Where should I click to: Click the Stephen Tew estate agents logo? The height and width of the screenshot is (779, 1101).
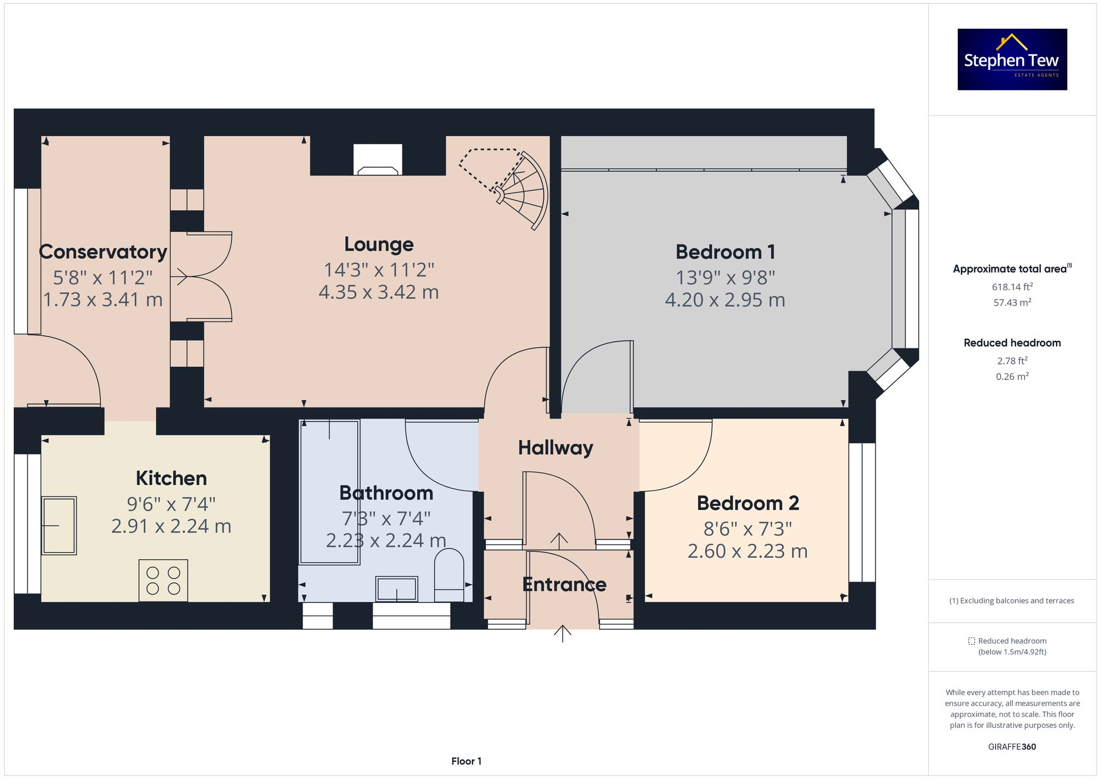point(1012,59)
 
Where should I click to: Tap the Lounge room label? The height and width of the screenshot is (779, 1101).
point(379,244)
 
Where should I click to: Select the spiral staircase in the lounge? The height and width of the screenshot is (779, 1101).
point(520,190)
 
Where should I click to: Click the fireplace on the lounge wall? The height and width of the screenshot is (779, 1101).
point(378,160)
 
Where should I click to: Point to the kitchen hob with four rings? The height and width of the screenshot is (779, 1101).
point(163,580)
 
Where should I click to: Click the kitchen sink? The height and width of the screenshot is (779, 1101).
point(59,525)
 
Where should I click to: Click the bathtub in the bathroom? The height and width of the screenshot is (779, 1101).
point(329,492)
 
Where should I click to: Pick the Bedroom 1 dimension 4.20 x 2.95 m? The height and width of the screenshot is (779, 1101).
point(725,300)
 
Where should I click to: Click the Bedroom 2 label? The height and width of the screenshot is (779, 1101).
point(748,503)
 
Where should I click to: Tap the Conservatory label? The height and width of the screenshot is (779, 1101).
point(103,252)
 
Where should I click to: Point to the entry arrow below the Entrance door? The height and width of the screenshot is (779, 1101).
point(562,634)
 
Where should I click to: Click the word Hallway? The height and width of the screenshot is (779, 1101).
point(555,448)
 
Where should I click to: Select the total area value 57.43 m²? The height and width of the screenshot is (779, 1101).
point(1012,303)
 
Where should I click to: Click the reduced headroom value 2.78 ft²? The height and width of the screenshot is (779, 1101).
point(1012,361)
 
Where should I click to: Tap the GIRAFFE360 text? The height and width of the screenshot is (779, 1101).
point(1012,747)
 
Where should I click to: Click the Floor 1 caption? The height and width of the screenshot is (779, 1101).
point(466,761)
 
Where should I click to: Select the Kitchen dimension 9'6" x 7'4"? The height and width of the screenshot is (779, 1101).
point(171,504)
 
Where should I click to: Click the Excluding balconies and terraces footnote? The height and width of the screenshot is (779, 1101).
point(1012,601)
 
